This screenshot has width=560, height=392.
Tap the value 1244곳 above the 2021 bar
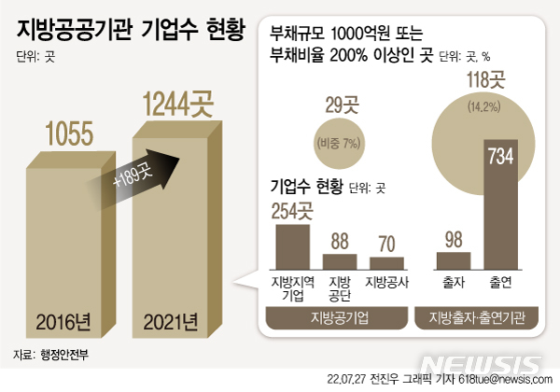point(176,102)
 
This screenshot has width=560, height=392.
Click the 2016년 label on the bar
point(63,324)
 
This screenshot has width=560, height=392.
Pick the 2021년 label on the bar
point(171,324)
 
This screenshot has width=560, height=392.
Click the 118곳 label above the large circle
point(484,80)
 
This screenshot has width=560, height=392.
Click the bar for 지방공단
point(340,260)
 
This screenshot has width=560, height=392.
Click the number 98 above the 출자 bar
point(454,238)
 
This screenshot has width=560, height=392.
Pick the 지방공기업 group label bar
point(339,317)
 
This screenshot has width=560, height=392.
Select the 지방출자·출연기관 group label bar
point(479,317)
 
